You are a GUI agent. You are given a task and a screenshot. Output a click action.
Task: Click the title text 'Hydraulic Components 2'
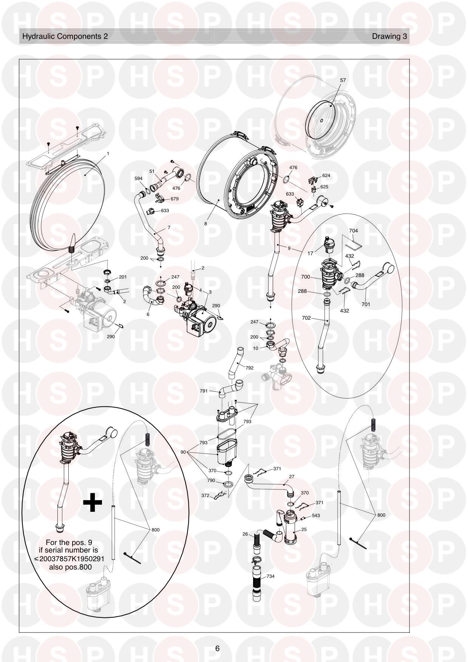(65, 36)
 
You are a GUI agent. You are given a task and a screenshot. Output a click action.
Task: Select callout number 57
(343, 80)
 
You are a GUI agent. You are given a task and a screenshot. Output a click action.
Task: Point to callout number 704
(354, 231)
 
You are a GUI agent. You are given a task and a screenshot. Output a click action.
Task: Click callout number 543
(316, 516)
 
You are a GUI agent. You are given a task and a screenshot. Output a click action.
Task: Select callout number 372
(205, 496)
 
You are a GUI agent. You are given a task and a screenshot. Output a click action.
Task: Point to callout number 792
(249, 368)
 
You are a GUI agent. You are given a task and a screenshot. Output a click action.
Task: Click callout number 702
(306, 318)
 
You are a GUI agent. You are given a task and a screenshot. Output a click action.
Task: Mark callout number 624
(326, 176)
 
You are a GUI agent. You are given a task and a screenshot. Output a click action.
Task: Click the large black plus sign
(93, 503)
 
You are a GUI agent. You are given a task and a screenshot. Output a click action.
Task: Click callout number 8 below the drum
(205, 223)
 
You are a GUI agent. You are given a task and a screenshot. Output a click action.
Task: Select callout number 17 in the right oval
(310, 254)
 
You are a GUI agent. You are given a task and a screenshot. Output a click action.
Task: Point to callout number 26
(245, 534)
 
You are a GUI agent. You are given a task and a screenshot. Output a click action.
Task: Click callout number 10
(256, 348)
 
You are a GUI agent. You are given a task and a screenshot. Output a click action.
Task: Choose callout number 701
(366, 304)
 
